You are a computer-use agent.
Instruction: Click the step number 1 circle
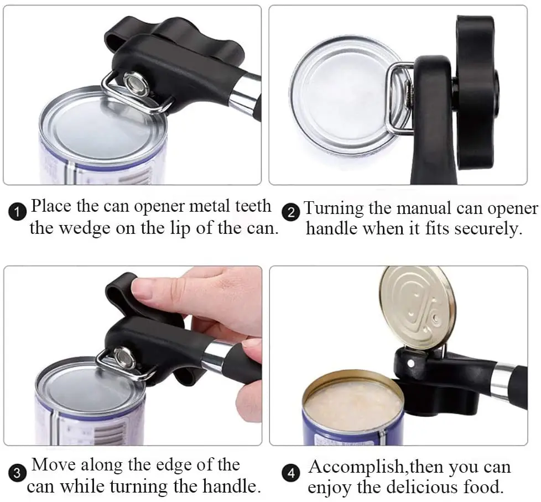coord(18,212)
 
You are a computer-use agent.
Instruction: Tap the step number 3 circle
coord(18,473)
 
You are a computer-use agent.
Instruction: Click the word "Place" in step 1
coord(51,207)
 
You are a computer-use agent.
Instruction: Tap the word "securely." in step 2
coord(488,229)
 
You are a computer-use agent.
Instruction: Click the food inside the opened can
coord(354,406)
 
